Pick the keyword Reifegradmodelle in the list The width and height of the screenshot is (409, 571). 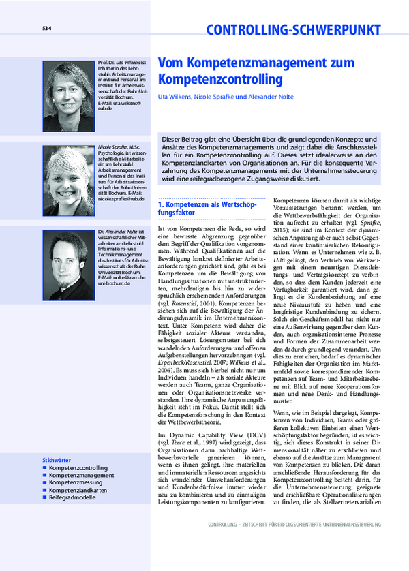click(x=74, y=497)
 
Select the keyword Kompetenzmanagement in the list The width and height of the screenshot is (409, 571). click(x=81, y=476)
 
